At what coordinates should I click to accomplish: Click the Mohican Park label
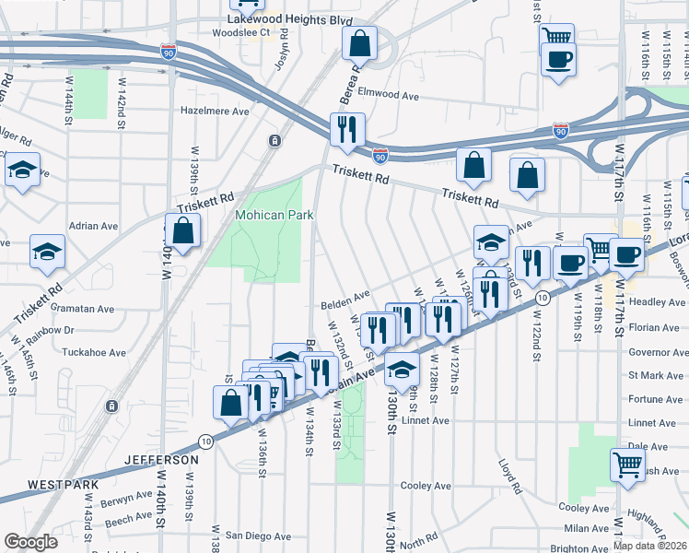(274, 215)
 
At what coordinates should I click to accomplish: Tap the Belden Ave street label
(344, 305)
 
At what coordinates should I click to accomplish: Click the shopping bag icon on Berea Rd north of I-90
(359, 42)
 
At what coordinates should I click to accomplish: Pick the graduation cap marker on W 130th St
(401, 369)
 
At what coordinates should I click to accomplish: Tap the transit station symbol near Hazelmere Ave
(274, 140)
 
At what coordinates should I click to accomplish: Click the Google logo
(30, 542)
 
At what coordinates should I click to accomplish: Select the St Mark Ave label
(656, 375)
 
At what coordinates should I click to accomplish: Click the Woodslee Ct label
(239, 32)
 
